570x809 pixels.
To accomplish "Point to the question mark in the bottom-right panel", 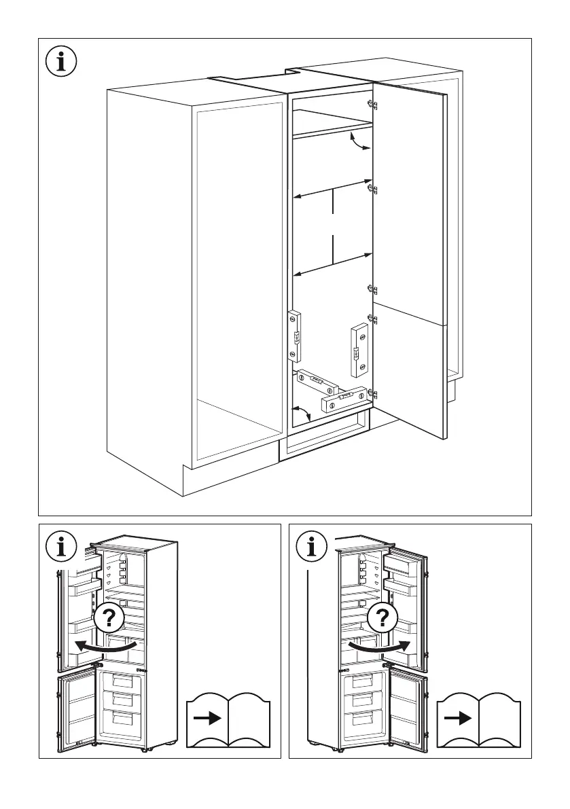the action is click(382, 619).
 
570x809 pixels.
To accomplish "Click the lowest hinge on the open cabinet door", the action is click(372, 393).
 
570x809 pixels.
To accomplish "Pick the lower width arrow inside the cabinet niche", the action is click(333, 264).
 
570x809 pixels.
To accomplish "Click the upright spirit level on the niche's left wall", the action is click(295, 336).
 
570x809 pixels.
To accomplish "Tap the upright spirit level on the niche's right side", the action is click(357, 350).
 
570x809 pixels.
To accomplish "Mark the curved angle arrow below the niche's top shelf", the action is click(359, 142).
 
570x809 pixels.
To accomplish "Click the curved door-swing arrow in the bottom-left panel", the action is click(108, 645).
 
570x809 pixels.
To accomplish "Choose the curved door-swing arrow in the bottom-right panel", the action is click(380, 645).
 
